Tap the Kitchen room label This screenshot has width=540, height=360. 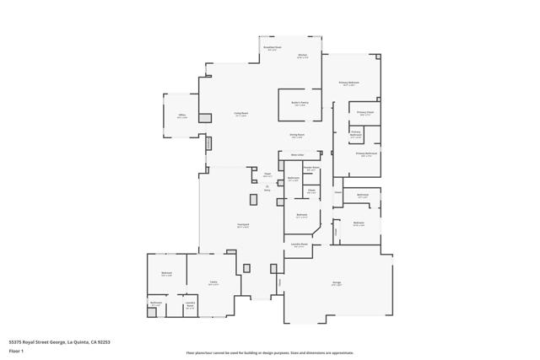[302, 56]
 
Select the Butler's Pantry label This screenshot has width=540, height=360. [299, 104]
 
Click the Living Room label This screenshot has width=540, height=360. [240, 114]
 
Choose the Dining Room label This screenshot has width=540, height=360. [297, 136]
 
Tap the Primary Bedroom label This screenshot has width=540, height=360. [349, 83]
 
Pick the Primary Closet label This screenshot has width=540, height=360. [365, 113]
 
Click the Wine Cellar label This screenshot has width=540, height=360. [297, 155]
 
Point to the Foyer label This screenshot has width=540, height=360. [267, 175]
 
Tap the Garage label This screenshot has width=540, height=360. [336, 284]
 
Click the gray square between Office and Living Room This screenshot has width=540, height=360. [204, 118]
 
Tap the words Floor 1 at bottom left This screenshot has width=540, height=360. [16, 350]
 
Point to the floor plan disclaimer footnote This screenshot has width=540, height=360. [270, 352]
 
